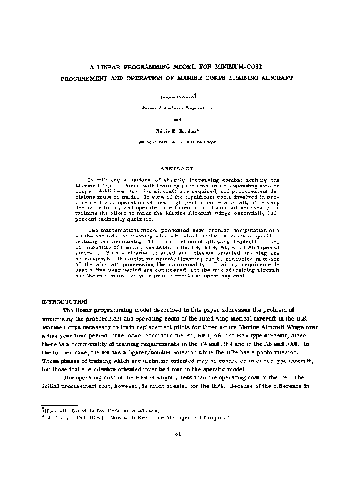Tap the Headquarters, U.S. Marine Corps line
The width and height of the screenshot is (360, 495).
(180, 142)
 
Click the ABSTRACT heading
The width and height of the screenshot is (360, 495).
(180, 168)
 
